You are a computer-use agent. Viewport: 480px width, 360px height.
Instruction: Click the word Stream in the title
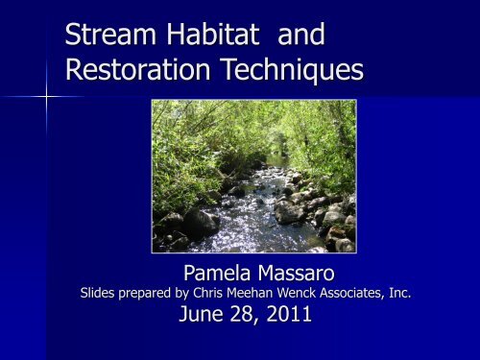tap(105, 37)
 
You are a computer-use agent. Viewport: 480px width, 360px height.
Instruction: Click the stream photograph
tap(253, 176)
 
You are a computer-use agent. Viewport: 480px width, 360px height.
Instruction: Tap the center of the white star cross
tap(46, 97)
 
